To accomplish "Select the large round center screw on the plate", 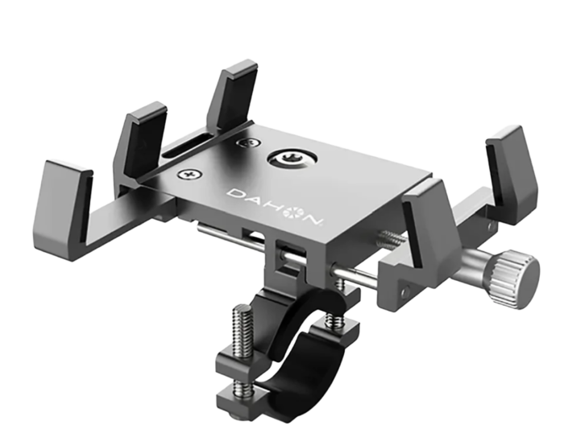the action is pos(292,158).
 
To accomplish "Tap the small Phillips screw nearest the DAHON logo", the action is pos(189,174).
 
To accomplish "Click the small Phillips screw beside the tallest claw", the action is pos(248,142).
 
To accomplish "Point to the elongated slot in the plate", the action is pos(188,146).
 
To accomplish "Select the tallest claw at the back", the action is pos(233,94).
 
